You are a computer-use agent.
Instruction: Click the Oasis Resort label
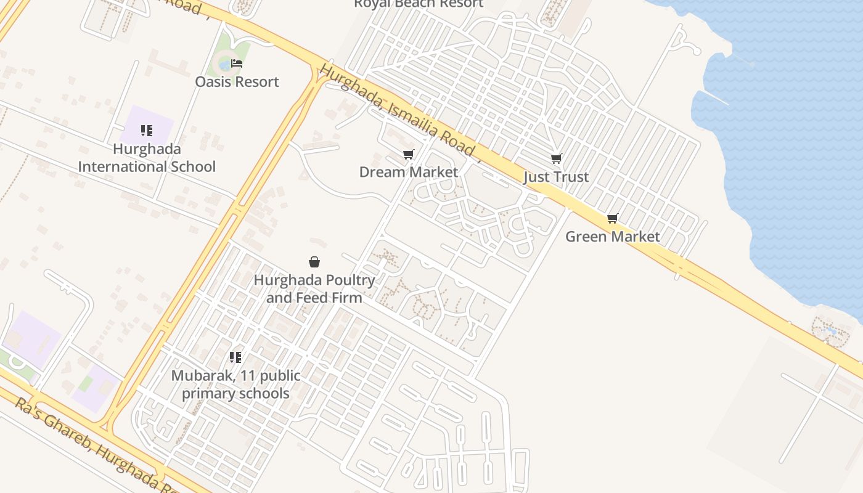pyautogui.click(x=237, y=81)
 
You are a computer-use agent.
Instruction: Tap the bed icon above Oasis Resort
pyautogui.click(x=237, y=63)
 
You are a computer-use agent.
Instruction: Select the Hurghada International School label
pyautogui.click(x=147, y=158)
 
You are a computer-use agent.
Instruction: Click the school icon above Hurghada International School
pyautogui.click(x=146, y=130)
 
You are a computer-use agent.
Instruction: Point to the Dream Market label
pyautogui.click(x=409, y=172)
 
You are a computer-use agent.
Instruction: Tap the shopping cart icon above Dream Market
pyautogui.click(x=408, y=154)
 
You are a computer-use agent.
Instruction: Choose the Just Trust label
pyautogui.click(x=556, y=177)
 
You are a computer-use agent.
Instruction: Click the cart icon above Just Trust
pyautogui.click(x=557, y=159)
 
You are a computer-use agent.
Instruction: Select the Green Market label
pyautogui.click(x=612, y=237)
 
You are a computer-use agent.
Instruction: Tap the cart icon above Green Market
pyautogui.click(x=612, y=219)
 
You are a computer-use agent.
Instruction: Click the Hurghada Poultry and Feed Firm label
pyautogui.click(x=314, y=289)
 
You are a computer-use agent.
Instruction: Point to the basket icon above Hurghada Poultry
pyautogui.click(x=314, y=262)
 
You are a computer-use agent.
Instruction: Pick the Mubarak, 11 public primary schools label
pyautogui.click(x=235, y=384)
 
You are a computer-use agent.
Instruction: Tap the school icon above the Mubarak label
pyautogui.click(x=235, y=357)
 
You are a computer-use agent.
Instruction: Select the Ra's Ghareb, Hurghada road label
pyautogui.click(x=92, y=445)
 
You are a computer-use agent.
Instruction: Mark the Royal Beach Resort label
pyautogui.click(x=419, y=4)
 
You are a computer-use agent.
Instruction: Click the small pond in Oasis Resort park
pyautogui.click(x=225, y=65)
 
